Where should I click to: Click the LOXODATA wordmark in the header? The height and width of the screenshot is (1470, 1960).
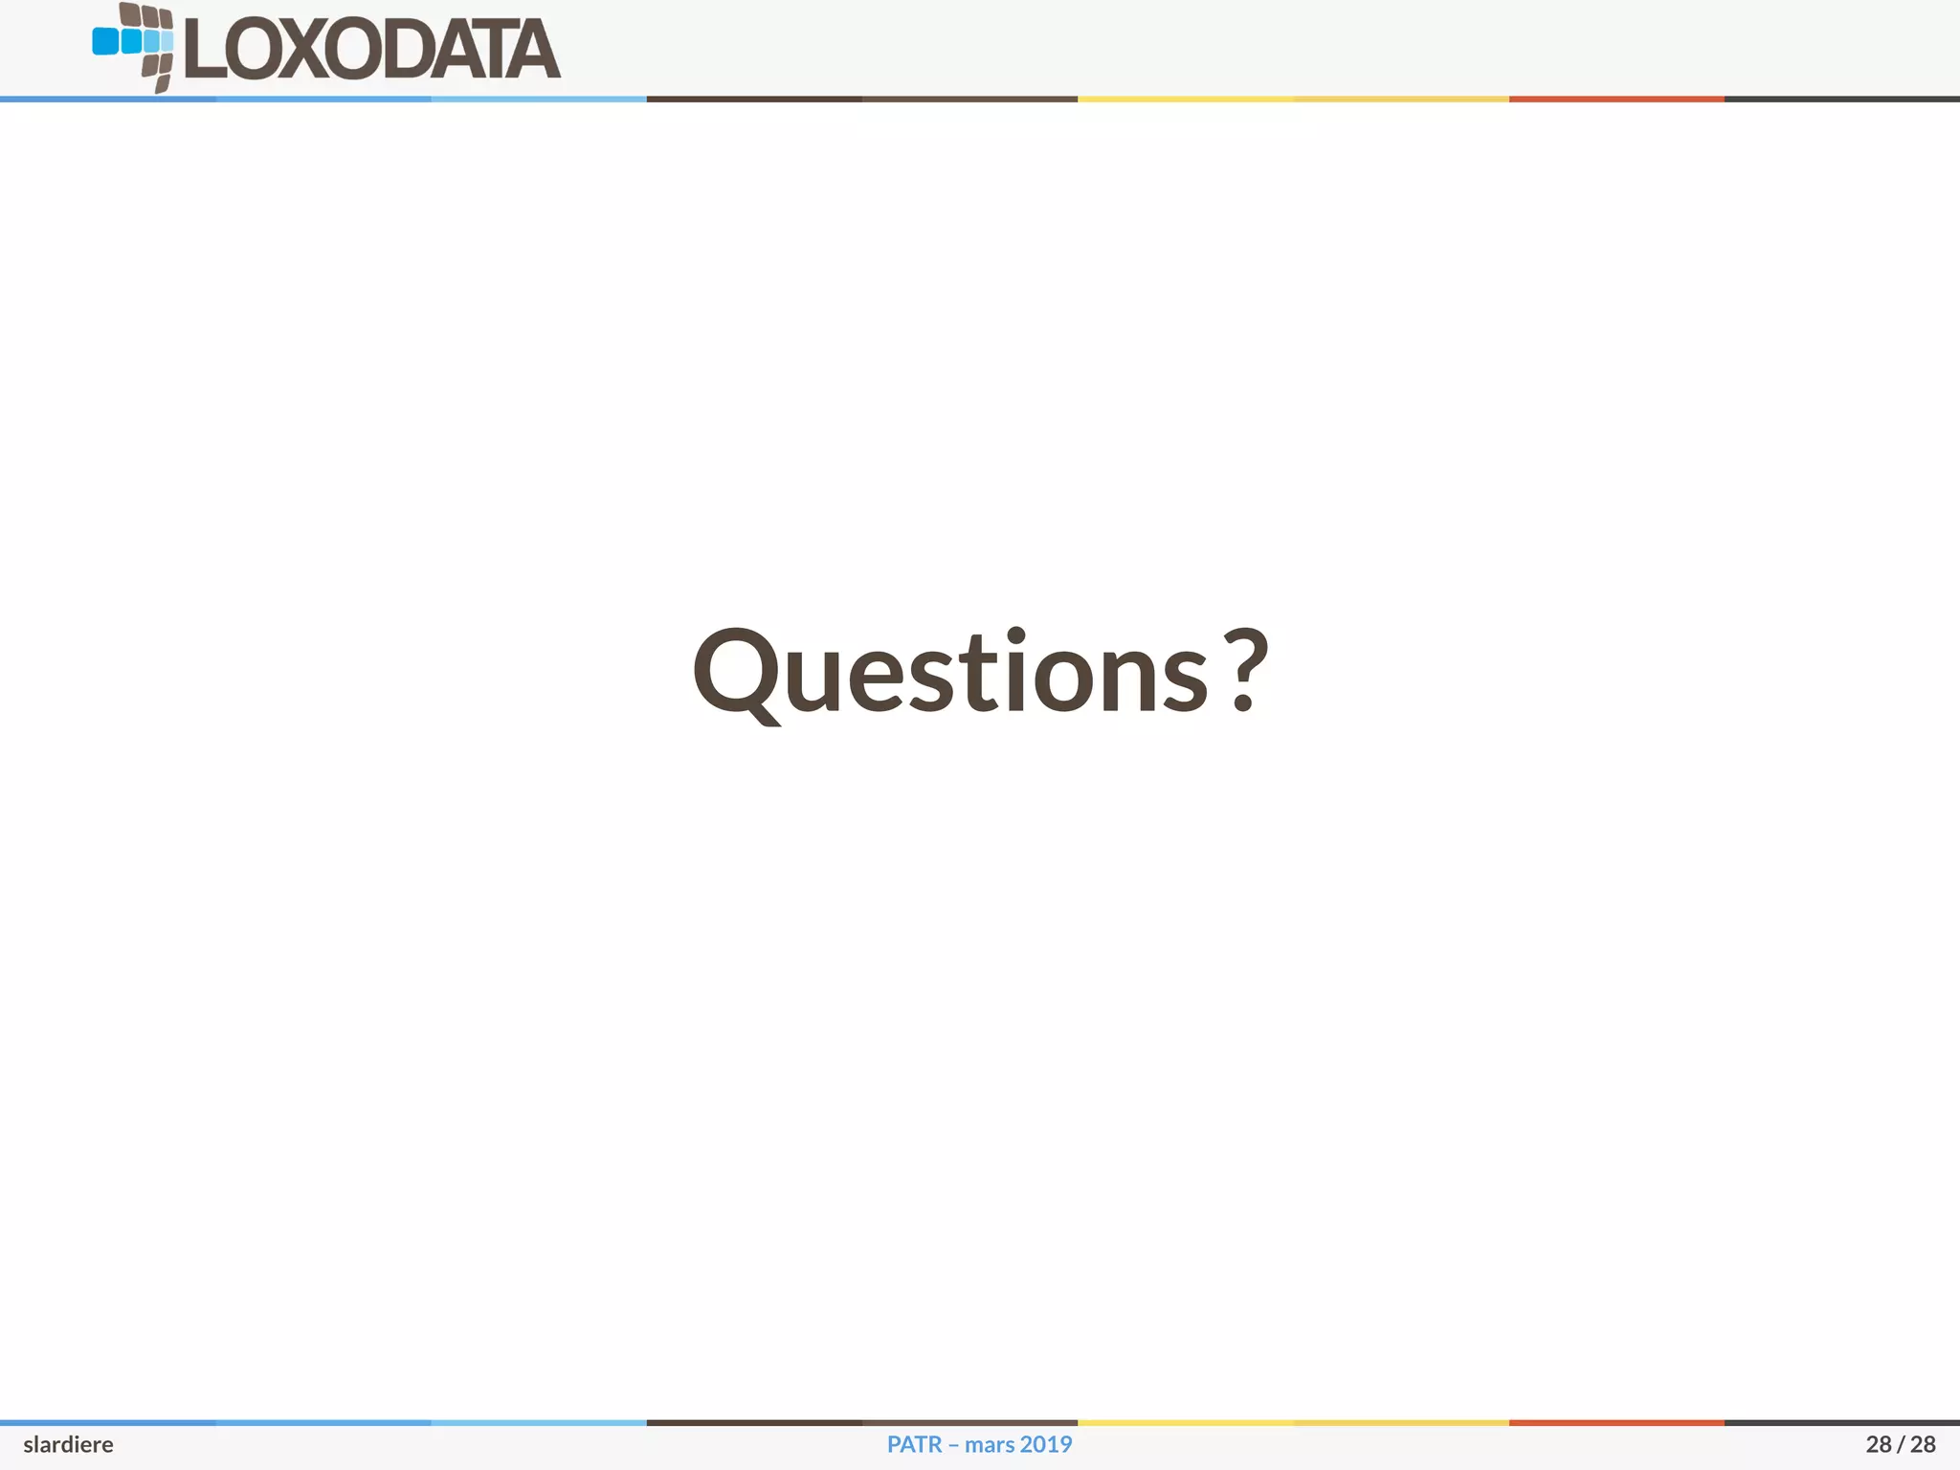pyautogui.click(x=371, y=50)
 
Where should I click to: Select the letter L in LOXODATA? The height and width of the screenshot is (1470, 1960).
pyautogui.click(x=204, y=50)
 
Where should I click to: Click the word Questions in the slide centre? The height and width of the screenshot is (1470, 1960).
pyautogui.click(x=950, y=672)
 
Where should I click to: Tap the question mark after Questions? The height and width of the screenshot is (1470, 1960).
pyautogui.click(x=1244, y=670)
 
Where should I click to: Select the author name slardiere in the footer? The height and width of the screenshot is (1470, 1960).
pyautogui.click(x=68, y=1445)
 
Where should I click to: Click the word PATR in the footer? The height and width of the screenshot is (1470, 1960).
pyautogui.click(x=914, y=1445)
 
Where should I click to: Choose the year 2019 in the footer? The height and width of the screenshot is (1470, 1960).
pyautogui.click(x=1046, y=1445)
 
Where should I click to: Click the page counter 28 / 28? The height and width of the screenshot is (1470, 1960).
pyautogui.click(x=1900, y=1445)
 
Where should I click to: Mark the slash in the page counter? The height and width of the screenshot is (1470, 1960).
pyautogui.click(x=1901, y=1445)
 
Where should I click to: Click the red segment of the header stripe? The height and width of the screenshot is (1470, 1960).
pyautogui.click(x=1616, y=99)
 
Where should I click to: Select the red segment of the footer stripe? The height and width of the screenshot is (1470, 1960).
pyautogui.click(x=1616, y=1423)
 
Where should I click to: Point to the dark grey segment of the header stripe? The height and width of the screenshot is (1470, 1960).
pyautogui.click(x=1841, y=99)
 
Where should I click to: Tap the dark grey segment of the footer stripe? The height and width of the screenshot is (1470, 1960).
pyautogui.click(x=1841, y=1423)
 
